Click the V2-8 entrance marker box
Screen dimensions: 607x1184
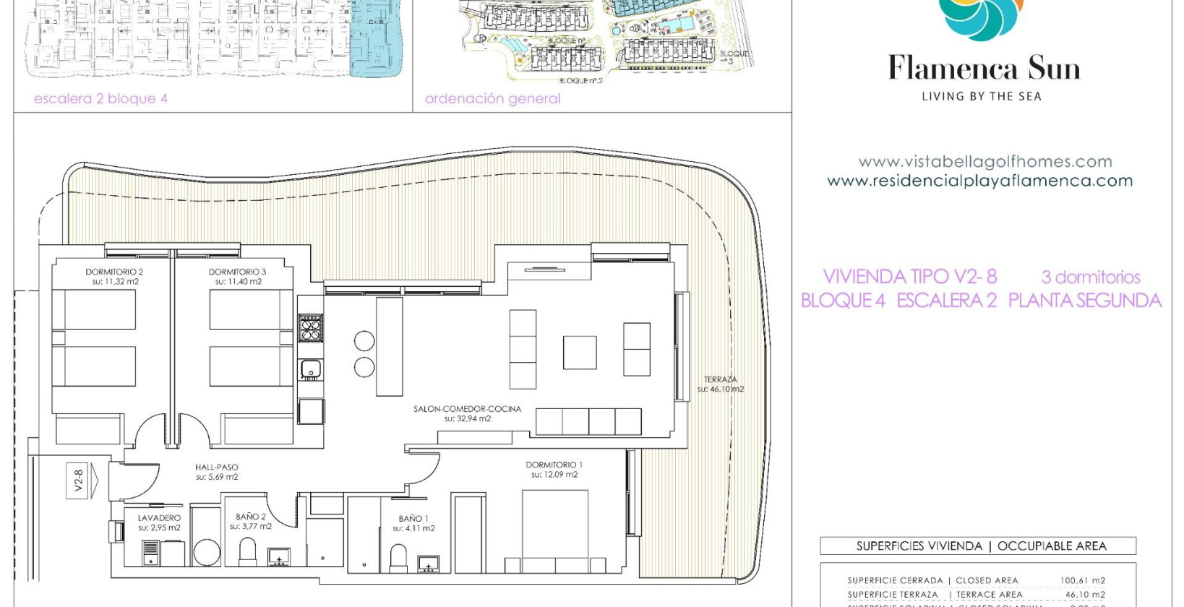79,481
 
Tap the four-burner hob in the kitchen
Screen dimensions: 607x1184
311,327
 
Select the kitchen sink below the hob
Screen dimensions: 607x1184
311,369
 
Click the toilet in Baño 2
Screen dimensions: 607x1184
247,553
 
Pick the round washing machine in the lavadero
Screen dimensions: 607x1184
207,554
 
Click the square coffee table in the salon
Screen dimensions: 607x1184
580,353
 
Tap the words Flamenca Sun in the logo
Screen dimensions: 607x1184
984,69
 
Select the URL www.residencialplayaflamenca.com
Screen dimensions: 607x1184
979,181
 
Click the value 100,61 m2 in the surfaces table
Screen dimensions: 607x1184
1082,580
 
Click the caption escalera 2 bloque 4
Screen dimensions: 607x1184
100,99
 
